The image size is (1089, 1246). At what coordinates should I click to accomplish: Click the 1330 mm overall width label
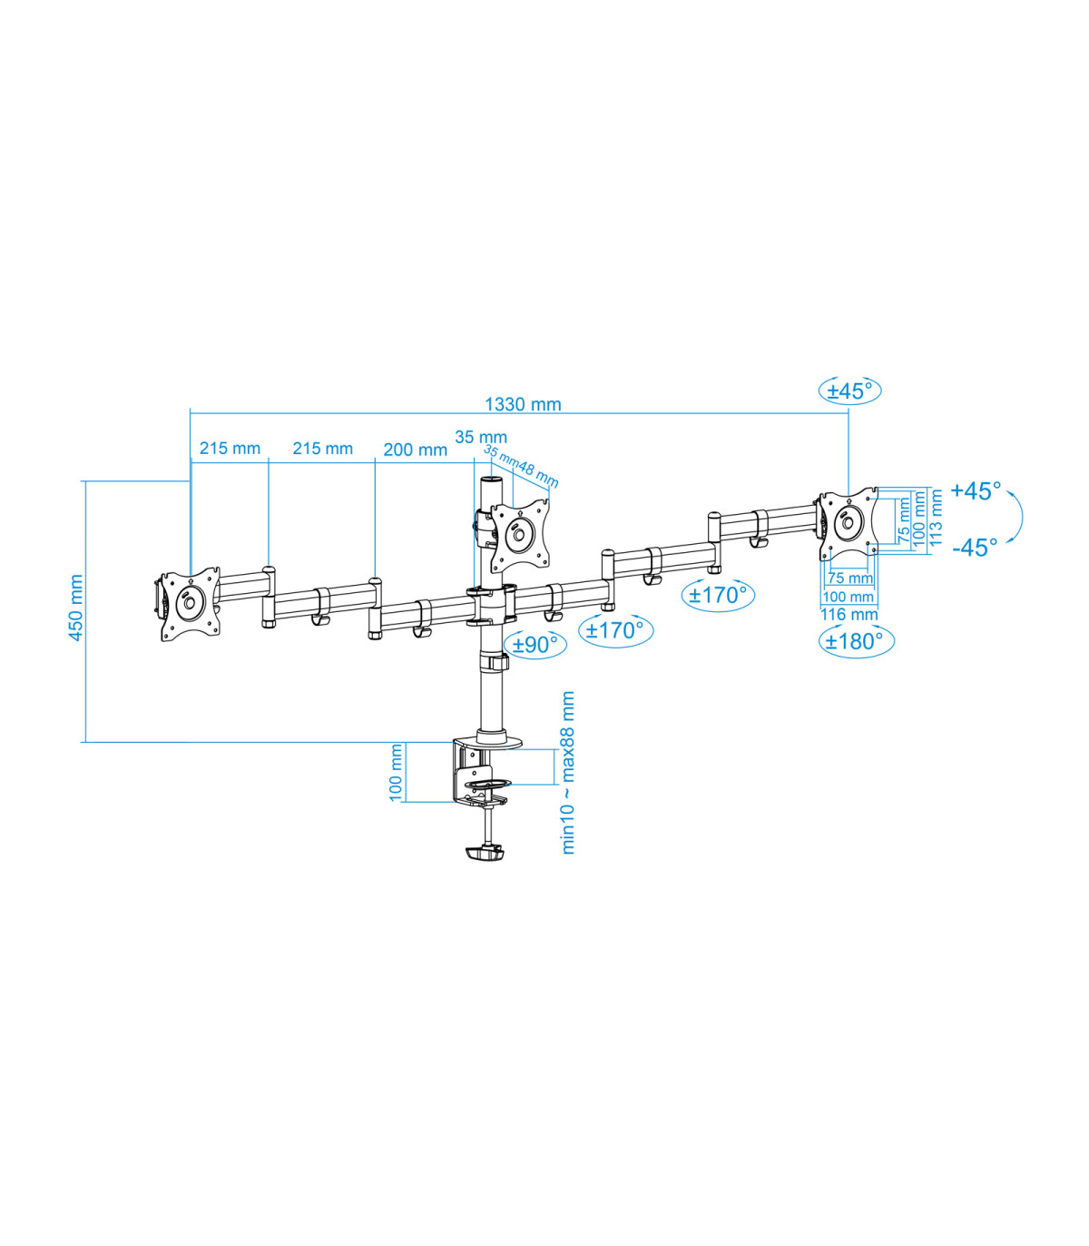[x=523, y=404]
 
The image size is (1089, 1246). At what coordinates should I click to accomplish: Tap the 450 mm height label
[x=75, y=608]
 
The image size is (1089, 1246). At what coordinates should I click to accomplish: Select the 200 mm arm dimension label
[x=415, y=450]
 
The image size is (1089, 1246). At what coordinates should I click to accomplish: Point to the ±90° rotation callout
[x=535, y=644]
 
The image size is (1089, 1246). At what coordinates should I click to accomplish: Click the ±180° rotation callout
[x=856, y=640]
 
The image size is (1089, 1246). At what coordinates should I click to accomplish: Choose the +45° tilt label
[x=976, y=490]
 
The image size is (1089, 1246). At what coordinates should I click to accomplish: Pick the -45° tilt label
[x=975, y=548]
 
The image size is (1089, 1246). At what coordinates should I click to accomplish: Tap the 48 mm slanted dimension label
[x=538, y=476]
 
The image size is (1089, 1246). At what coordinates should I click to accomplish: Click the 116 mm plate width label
[x=849, y=615]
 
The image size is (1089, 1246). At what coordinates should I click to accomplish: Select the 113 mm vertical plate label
[x=936, y=518]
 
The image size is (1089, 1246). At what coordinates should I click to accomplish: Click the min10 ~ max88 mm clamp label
[x=567, y=772]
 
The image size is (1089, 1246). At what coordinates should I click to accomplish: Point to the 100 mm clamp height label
[x=396, y=772]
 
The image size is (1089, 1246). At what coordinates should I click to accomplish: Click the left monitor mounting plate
[x=189, y=604]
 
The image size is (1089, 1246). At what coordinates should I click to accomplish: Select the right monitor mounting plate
[x=849, y=523]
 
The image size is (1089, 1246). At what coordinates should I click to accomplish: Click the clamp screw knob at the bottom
[x=485, y=853]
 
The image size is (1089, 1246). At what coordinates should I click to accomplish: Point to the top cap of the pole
[x=492, y=481]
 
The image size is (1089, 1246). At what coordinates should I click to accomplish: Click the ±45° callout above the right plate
[x=850, y=391]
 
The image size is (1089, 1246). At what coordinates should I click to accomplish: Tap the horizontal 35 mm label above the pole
[x=481, y=437]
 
